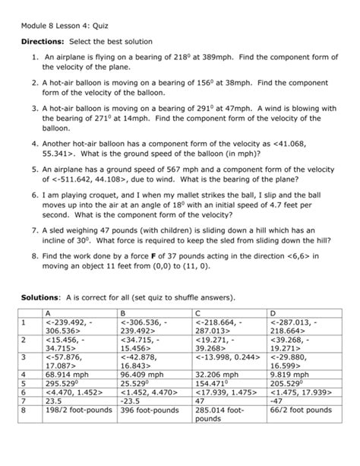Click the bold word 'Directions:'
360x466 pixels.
pos(43,41)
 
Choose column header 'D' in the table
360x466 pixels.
pos(273,312)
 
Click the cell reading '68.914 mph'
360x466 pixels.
pos(66,375)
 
